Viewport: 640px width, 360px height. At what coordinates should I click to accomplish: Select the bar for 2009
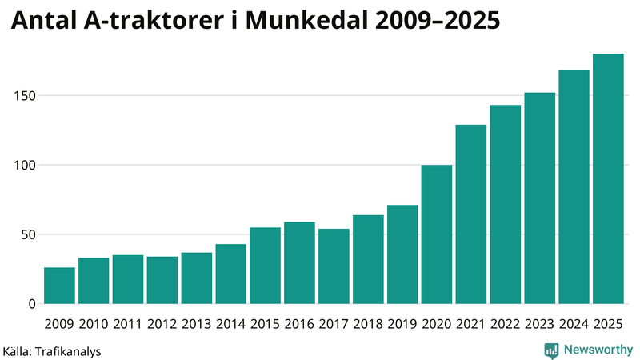[59, 286]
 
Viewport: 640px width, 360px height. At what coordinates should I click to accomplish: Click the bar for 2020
[437, 234]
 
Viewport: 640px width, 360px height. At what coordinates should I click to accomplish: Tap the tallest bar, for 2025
[608, 179]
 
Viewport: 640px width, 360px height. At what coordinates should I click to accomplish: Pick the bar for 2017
[334, 266]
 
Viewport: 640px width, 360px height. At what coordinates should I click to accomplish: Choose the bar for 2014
[231, 274]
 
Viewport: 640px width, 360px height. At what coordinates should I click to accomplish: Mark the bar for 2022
[505, 205]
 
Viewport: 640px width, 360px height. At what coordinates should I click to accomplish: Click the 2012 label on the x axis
[162, 325]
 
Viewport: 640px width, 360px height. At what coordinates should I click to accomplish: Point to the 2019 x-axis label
[402, 325]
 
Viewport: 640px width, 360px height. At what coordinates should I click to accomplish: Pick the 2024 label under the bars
[574, 325]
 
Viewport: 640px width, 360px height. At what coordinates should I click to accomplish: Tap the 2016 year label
[299, 325]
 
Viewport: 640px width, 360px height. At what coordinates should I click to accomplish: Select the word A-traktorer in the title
[152, 22]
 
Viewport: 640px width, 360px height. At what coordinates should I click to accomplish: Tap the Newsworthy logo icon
[551, 350]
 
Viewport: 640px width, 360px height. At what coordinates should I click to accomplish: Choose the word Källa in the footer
[18, 350]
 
